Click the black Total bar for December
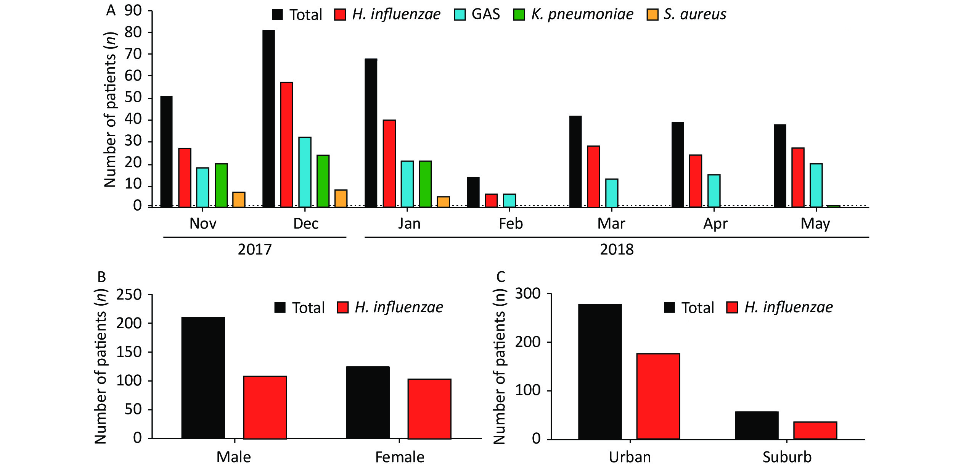click(268, 119)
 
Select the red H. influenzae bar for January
click(389, 164)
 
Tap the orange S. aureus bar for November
click(239, 200)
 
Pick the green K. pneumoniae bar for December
click(323, 181)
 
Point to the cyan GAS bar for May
click(816, 185)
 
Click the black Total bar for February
click(473, 192)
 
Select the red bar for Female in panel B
click(429, 409)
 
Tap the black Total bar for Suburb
click(757, 425)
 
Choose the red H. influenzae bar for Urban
click(658, 396)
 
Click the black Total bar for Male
click(203, 378)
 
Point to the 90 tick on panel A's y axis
click(133, 11)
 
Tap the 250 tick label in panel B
click(129, 295)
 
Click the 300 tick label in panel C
click(528, 293)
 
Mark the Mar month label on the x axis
click(611, 224)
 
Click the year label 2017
click(255, 250)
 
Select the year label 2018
click(617, 250)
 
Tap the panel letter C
click(501, 277)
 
